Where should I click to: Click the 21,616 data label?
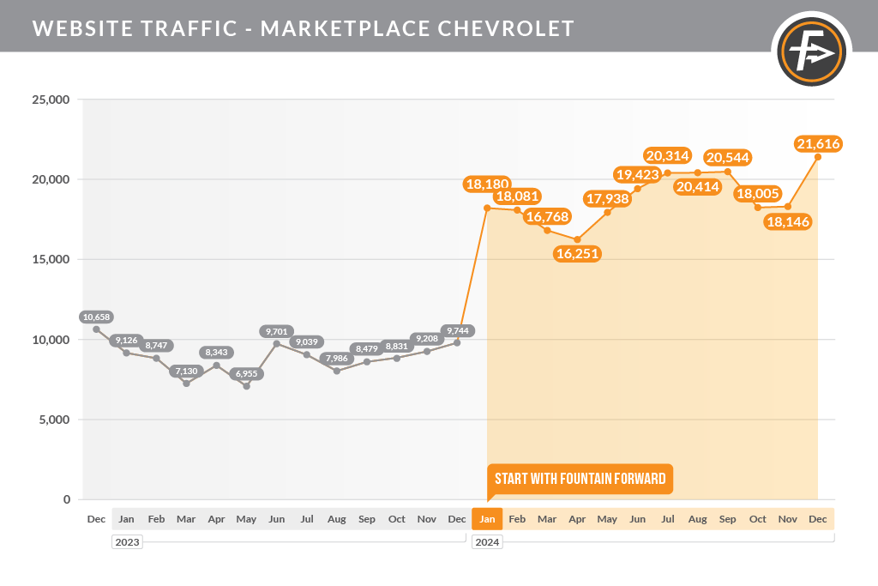(818, 144)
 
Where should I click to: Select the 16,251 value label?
(577, 254)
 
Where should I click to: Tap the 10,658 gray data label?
(96, 317)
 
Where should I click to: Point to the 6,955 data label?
(246, 374)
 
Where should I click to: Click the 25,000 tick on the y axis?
(51, 100)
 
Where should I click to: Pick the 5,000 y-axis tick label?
(54, 420)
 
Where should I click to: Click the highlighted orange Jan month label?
(487, 519)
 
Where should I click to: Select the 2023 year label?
(127, 542)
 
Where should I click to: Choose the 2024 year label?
(487, 542)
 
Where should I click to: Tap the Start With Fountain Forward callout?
(580, 479)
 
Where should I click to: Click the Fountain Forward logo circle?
(811, 51)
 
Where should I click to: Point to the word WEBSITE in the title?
(83, 28)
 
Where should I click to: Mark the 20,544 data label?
(727, 157)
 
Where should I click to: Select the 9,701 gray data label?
(277, 332)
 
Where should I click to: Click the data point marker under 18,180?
(487, 208)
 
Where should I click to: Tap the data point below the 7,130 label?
(186, 384)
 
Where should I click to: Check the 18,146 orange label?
(788, 222)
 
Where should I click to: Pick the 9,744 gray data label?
(458, 331)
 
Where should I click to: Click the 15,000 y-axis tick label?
(51, 259)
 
